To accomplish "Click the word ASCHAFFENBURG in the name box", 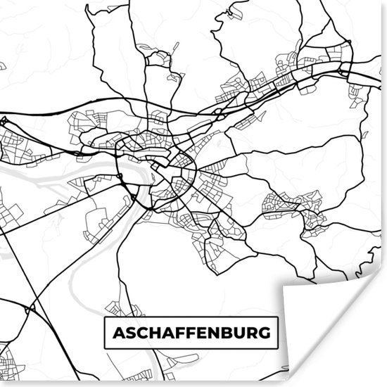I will pyautogui.click(x=191, y=332).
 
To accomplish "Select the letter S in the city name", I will pyautogui.click(x=129, y=332).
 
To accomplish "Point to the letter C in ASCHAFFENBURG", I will pyautogui.click(x=142, y=332).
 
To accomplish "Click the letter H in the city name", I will pyautogui.click(x=156, y=332).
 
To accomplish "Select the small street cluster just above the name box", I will pyautogui.click(x=116, y=308).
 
